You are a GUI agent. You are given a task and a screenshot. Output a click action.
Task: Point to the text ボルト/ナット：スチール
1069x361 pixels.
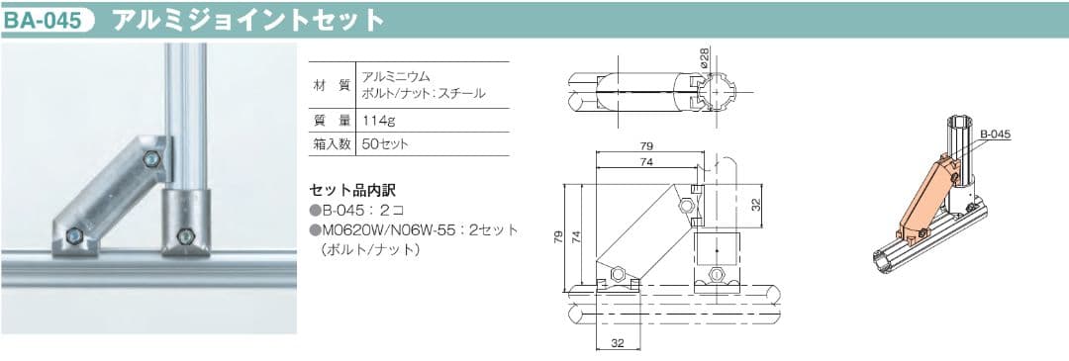[424, 94]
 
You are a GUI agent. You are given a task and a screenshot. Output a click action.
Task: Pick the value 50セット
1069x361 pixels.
[385, 143]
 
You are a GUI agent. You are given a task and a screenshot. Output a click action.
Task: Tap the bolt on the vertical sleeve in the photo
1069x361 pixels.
[183, 235]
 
